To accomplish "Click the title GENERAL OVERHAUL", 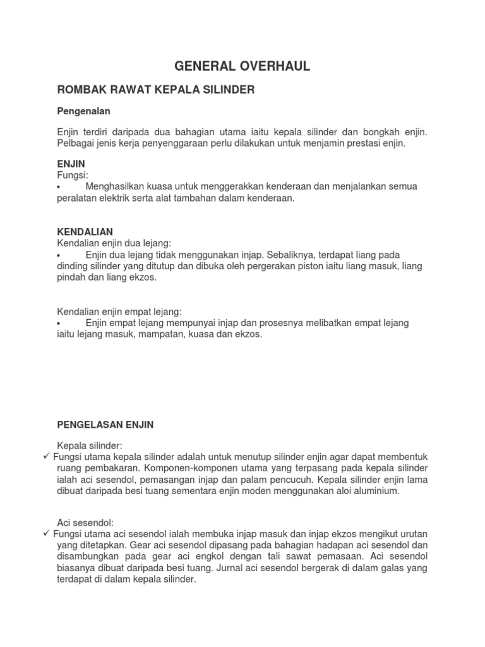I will [x=242, y=66].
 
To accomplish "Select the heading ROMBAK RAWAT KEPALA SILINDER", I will [x=156, y=90].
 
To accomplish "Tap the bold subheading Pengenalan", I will [x=84, y=111].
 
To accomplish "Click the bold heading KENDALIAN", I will [x=85, y=232].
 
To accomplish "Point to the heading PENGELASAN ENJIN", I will [x=105, y=425].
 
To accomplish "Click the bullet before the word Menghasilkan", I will [x=59, y=187].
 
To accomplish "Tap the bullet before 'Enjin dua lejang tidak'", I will [x=59, y=255].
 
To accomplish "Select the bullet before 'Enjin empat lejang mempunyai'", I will [x=59, y=323].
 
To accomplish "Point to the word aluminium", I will [x=376, y=491].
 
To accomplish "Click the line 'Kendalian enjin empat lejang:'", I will [x=120, y=311].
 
